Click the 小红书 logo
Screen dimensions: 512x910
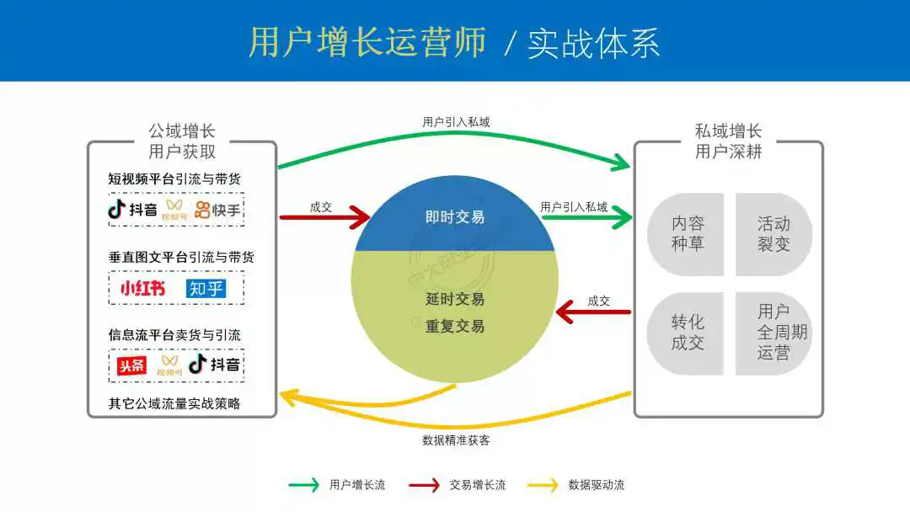pyautogui.click(x=138, y=288)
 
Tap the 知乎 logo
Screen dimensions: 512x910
pyautogui.click(x=206, y=288)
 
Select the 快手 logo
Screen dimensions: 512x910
pyautogui.click(x=217, y=209)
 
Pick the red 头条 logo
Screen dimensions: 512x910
pyautogui.click(x=131, y=365)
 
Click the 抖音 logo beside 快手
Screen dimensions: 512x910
pyautogui.click(x=132, y=209)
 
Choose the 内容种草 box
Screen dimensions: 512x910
pyautogui.click(x=687, y=234)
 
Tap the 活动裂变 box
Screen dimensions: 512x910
pyautogui.click(x=773, y=234)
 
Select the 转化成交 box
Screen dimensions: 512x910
pyautogui.click(x=687, y=333)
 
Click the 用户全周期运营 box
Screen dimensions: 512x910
pyautogui.click(x=773, y=333)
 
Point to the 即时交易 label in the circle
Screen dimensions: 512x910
pyautogui.click(x=455, y=217)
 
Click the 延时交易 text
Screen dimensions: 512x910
pyautogui.click(x=455, y=299)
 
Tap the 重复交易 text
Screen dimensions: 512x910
pyautogui.click(x=455, y=326)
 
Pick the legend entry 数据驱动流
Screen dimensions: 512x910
pyautogui.click(x=596, y=485)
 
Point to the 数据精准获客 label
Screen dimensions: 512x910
pyautogui.click(x=456, y=440)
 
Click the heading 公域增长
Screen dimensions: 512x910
pyautogui.click(x=182, y=131)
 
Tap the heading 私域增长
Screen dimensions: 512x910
pyautogui.click(x=728, y=131)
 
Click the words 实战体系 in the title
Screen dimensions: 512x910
pyautogui.click(x=593, y=44)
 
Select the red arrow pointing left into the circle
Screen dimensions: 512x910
pyautogui.click(x=593, y=313)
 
